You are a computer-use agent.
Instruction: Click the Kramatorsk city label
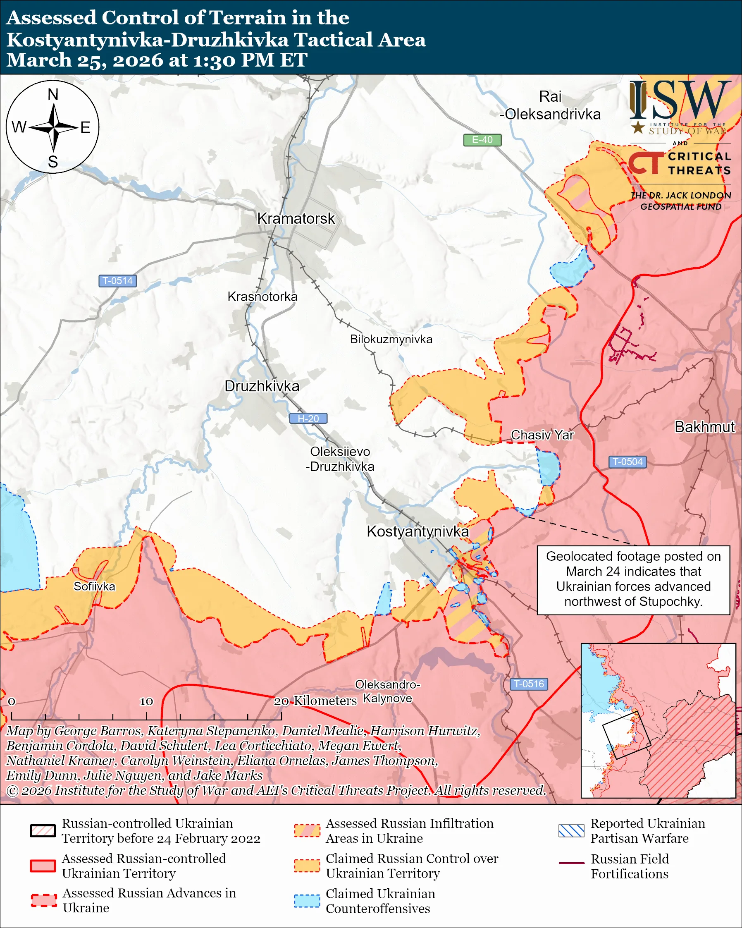296,219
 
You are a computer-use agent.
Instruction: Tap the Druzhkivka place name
262,386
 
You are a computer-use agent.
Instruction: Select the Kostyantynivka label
417,531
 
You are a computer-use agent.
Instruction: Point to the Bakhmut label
704,427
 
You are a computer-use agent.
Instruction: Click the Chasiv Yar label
542,435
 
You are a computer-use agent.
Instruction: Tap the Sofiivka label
94,586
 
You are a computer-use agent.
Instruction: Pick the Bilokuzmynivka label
391,339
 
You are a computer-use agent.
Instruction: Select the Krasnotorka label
262,297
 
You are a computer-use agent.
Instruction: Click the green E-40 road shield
482,140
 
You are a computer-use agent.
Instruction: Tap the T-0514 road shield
117,281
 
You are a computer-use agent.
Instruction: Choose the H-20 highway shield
308,419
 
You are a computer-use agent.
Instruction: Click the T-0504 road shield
627,462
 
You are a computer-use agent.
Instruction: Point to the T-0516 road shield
529,684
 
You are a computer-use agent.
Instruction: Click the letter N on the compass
53,95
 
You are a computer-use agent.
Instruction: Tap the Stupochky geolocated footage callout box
633,579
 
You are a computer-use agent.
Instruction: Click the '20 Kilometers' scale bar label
315,701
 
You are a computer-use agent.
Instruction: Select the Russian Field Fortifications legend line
571,863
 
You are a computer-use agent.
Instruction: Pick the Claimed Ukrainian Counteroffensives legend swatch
307,901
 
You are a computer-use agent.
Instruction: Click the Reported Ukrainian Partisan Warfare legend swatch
571,831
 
